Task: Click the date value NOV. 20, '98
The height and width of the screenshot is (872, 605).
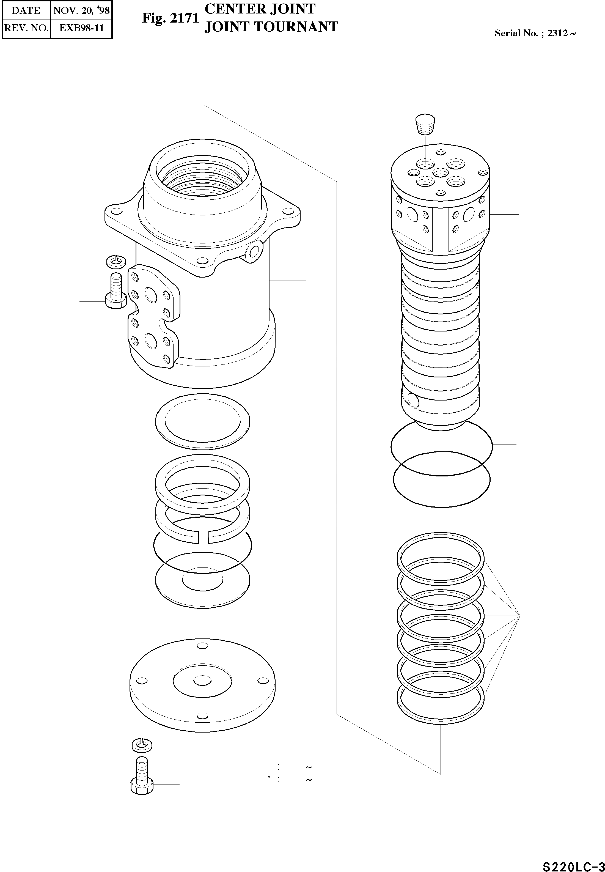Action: point(81,10)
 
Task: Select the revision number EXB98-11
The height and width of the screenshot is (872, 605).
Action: point(81,28)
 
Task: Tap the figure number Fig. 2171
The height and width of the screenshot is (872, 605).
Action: point(170,18)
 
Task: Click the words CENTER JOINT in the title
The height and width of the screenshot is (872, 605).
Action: point(260,9)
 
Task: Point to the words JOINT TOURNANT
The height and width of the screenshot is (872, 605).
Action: point(271,26)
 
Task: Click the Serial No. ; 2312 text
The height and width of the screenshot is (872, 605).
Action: point(535,33)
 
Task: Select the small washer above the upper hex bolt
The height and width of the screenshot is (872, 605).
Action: point(116,261)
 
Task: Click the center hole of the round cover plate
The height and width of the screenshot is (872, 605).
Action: point(202,681)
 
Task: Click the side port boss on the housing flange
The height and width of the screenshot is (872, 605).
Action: point(254,251)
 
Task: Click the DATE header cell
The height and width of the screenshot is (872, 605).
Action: point(26,10)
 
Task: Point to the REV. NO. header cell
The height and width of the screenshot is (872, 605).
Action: point(26,28)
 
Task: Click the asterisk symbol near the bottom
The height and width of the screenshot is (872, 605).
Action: point(269,778)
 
